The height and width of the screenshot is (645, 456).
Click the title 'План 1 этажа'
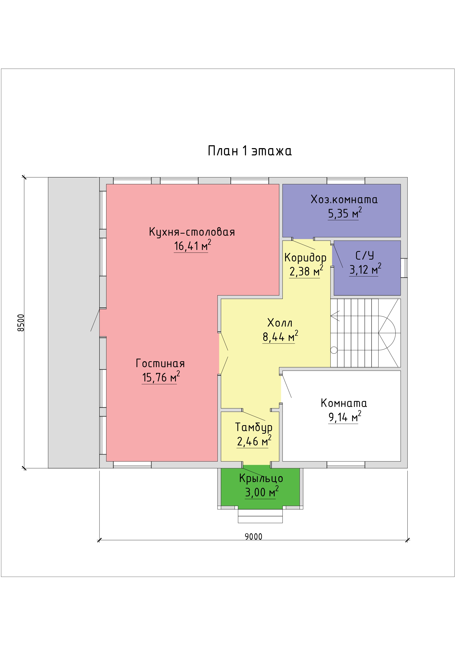point(249,151)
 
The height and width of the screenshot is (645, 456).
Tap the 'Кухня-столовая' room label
point(192,232)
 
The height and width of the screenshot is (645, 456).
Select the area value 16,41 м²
point(192,246)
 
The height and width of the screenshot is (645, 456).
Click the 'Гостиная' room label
point(160,363)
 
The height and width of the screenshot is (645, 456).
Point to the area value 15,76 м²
point(161,377)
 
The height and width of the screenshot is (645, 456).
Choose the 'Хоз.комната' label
point(344,200)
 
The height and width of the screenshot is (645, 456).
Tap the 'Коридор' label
point(305,258)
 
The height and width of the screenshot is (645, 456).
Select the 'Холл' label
point(280,323)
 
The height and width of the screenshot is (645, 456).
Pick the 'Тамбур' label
point(253,427)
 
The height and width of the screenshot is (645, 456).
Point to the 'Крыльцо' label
point(261,478)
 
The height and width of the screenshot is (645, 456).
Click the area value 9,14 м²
point(345,417)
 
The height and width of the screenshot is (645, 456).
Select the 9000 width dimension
point(253,537)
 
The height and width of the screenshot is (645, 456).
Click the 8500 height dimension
point(21,323)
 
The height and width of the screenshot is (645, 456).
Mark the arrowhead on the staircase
point(335,316)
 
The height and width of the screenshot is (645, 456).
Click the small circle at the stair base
point(334,350)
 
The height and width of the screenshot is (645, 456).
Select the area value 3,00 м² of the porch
point(262,492)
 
